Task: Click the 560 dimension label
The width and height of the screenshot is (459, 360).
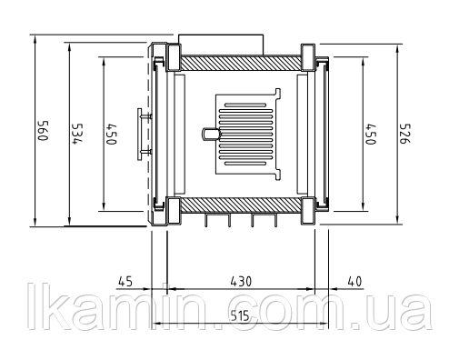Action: coord(43,131)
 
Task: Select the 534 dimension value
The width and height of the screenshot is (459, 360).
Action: coord(77,134)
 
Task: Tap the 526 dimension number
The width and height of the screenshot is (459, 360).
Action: coord(404,134)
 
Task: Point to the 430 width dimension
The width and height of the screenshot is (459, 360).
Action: coord(241,282)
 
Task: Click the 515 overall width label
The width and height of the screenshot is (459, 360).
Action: coord(240,316)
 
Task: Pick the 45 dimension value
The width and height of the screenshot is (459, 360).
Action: coord(125,282)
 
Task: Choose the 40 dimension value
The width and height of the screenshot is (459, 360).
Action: coord(354,282)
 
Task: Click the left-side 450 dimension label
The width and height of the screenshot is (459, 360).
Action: coord(111,135)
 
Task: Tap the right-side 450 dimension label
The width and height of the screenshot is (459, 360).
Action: coord(371,135)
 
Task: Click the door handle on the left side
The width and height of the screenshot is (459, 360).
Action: coord(140,135)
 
